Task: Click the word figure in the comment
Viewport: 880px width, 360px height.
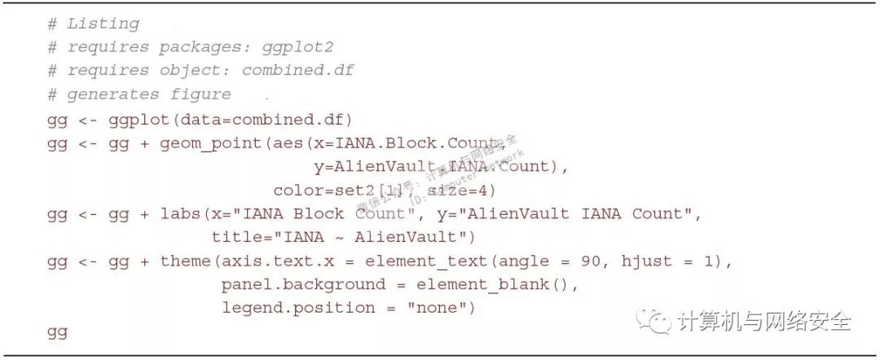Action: [x=200, y=94]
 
